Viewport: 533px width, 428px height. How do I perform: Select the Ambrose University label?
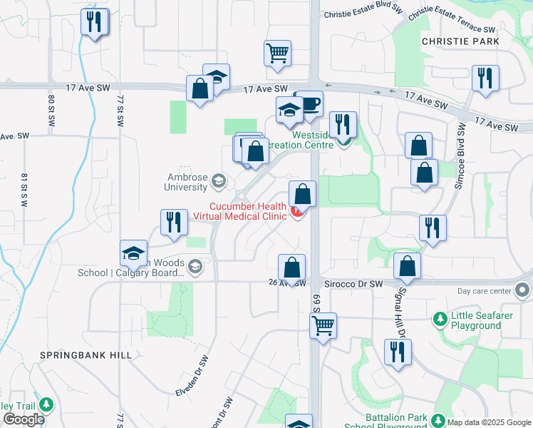[x=187, y=182]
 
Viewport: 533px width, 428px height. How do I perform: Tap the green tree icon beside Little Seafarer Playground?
[x=440, y=316]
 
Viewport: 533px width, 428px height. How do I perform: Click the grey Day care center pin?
[x=522, y=290]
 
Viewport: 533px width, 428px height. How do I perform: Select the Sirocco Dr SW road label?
[x=354, y=283]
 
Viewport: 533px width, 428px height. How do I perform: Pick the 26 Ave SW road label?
[x=291, y=282]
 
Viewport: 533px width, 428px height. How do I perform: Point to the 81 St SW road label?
[x=24, y=190]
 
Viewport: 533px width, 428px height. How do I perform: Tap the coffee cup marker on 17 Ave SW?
[x=310, y=104]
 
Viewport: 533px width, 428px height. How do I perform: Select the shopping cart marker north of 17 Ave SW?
[x=276, y=53]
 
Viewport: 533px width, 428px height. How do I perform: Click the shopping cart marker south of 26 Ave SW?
[x=324, y=327]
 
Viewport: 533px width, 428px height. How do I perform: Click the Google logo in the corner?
[x=24, y=420]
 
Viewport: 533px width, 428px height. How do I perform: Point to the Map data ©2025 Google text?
[x=490, y=422]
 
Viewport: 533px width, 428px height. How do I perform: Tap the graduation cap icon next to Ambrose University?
[x=218, y=181]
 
